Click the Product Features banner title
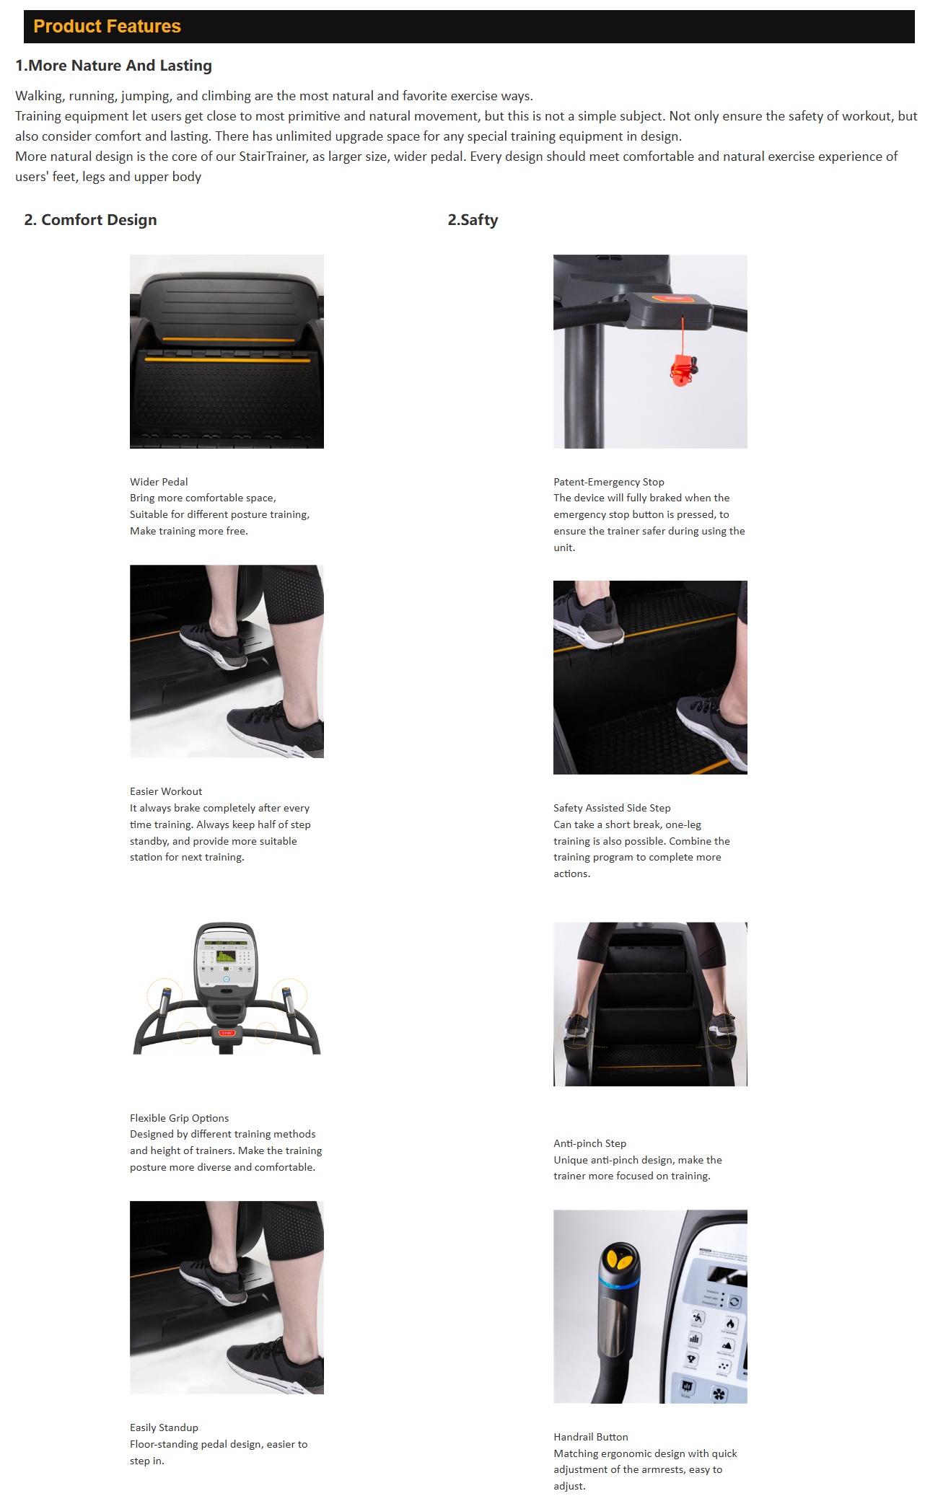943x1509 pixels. tap(107, 27)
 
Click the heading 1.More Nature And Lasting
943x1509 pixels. tap(114, 66)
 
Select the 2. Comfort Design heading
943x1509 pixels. tap(90, 220)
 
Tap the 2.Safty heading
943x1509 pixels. tap(473, 220)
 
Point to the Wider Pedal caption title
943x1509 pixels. tap(159, 482)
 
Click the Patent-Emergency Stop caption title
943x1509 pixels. tap(609, 482)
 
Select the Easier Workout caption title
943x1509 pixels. tap(166, 791)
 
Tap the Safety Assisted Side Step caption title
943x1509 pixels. tap(612, 808)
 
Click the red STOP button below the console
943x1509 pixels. tap(227, 1033)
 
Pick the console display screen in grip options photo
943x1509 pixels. tap(226, 956)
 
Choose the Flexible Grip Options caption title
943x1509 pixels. tap(179, 1118)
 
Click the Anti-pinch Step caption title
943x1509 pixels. tap(589, 1143)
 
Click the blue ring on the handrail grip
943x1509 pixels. tap(618, 1282)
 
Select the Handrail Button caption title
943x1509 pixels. tap(591, 1437)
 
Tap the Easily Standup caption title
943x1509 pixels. tap(164, 1427)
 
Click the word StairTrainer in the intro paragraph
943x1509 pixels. tap(273, 157)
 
